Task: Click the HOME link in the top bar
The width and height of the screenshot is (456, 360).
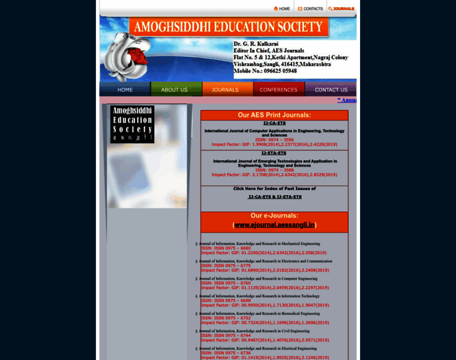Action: click(x=281, y=8)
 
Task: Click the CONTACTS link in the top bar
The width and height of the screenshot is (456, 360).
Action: click(x=310, y=8)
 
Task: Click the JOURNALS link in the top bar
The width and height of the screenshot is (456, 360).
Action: click(x=341, y=8)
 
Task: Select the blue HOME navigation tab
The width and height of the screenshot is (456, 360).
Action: click(x=125, y=89)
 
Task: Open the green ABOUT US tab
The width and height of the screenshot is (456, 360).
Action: click(x=174, y=89)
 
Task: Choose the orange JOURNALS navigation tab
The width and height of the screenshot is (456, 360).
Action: click(x=225, y=89)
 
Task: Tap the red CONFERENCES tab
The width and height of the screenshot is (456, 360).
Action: click(x=278, y=89)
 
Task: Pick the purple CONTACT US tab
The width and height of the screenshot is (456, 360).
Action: click(x=331, y=89)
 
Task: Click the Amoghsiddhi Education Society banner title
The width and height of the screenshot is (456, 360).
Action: click(x=229, y=27)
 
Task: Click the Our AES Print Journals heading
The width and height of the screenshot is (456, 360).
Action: click(x=274, y=115)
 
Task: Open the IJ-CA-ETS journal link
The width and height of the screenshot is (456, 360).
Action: click(x=274, y=123)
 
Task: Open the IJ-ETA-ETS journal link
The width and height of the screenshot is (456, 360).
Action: click(x=274, y=153)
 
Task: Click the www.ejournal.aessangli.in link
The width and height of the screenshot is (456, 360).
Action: click(x=274, y=225)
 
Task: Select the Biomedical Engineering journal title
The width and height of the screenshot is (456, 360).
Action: click(x=260, y=313)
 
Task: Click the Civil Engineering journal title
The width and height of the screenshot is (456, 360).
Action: click(x=254, y=331)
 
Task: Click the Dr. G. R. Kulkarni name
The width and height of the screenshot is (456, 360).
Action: click(x=258, y=44)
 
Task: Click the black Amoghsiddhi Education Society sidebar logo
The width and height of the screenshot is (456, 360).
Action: click(x=132, y=124)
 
